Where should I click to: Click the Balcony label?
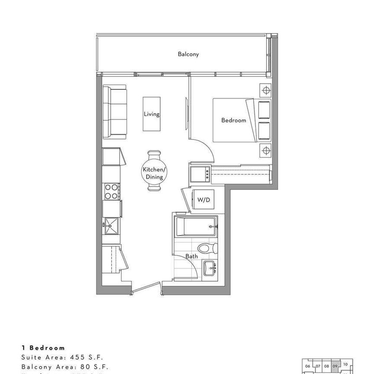[188, 54]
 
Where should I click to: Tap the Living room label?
[152, 114]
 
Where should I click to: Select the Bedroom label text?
[233, 120]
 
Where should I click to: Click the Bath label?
[191, 256]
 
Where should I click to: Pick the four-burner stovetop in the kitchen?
[111, 192]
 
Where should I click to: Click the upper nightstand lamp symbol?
[265, 90]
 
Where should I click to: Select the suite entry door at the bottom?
[146, 288]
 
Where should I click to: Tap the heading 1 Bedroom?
[43, 348]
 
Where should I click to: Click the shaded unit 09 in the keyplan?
[335, 365]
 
